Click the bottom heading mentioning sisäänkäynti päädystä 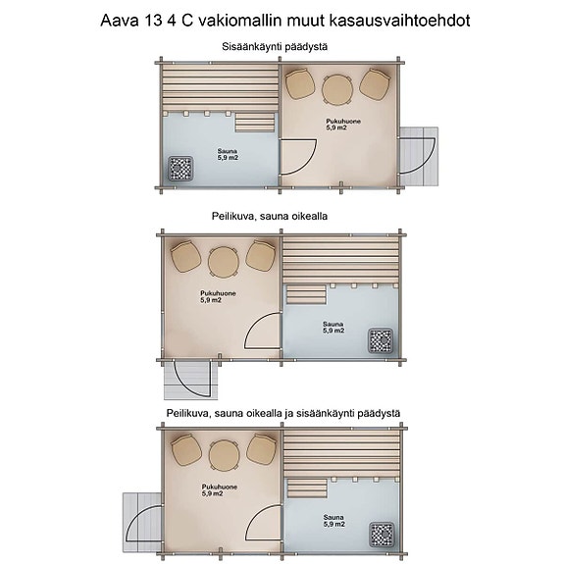(282, 415)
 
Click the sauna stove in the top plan (180, 169)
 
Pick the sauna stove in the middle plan (380, 341)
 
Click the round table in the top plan (337, 89)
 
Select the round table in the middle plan (224, 261)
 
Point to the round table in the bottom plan (224, 453)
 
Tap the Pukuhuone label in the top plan (343, 124)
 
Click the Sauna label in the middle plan (333, 327)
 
